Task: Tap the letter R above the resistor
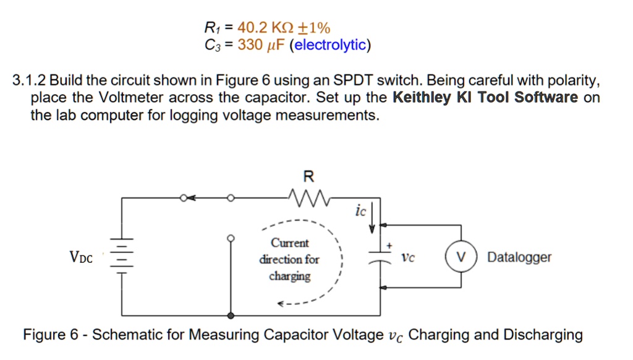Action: click(308, 177)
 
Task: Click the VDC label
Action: click(81, 257)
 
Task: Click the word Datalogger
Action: click(519, 257)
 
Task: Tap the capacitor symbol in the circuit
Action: click(378, 256)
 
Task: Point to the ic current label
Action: click(361, 212)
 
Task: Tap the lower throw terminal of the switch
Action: click(231, 238)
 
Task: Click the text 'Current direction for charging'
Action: click(289, 259)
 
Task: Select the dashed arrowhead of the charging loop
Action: click(281, 304)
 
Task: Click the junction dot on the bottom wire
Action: click(231, 315)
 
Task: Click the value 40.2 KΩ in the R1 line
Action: click(263, 27)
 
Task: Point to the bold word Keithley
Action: click(422, 98)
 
